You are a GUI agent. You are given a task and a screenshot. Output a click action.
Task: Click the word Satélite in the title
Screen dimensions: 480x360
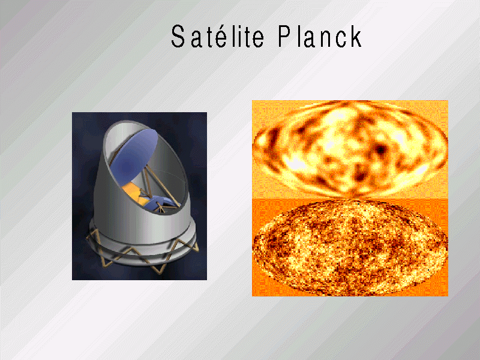click(x=217, y=36)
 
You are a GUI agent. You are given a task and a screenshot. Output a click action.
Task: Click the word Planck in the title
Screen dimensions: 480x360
click(x=320, y=36)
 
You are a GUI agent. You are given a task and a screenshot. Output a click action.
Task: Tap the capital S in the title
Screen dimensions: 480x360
click(x=178, y=37)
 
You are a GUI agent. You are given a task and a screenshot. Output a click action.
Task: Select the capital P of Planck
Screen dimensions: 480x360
click(x=284, y=36)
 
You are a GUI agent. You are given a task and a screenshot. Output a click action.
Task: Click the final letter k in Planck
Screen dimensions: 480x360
click(x=356, y=36)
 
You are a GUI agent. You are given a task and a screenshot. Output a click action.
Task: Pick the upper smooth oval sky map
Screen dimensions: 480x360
click(x=350, y=148)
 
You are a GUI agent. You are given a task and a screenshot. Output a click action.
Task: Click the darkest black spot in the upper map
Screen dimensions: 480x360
click(x=380, y=150)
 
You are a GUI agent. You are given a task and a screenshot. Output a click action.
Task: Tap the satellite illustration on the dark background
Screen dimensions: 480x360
click(x=139, y=196)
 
